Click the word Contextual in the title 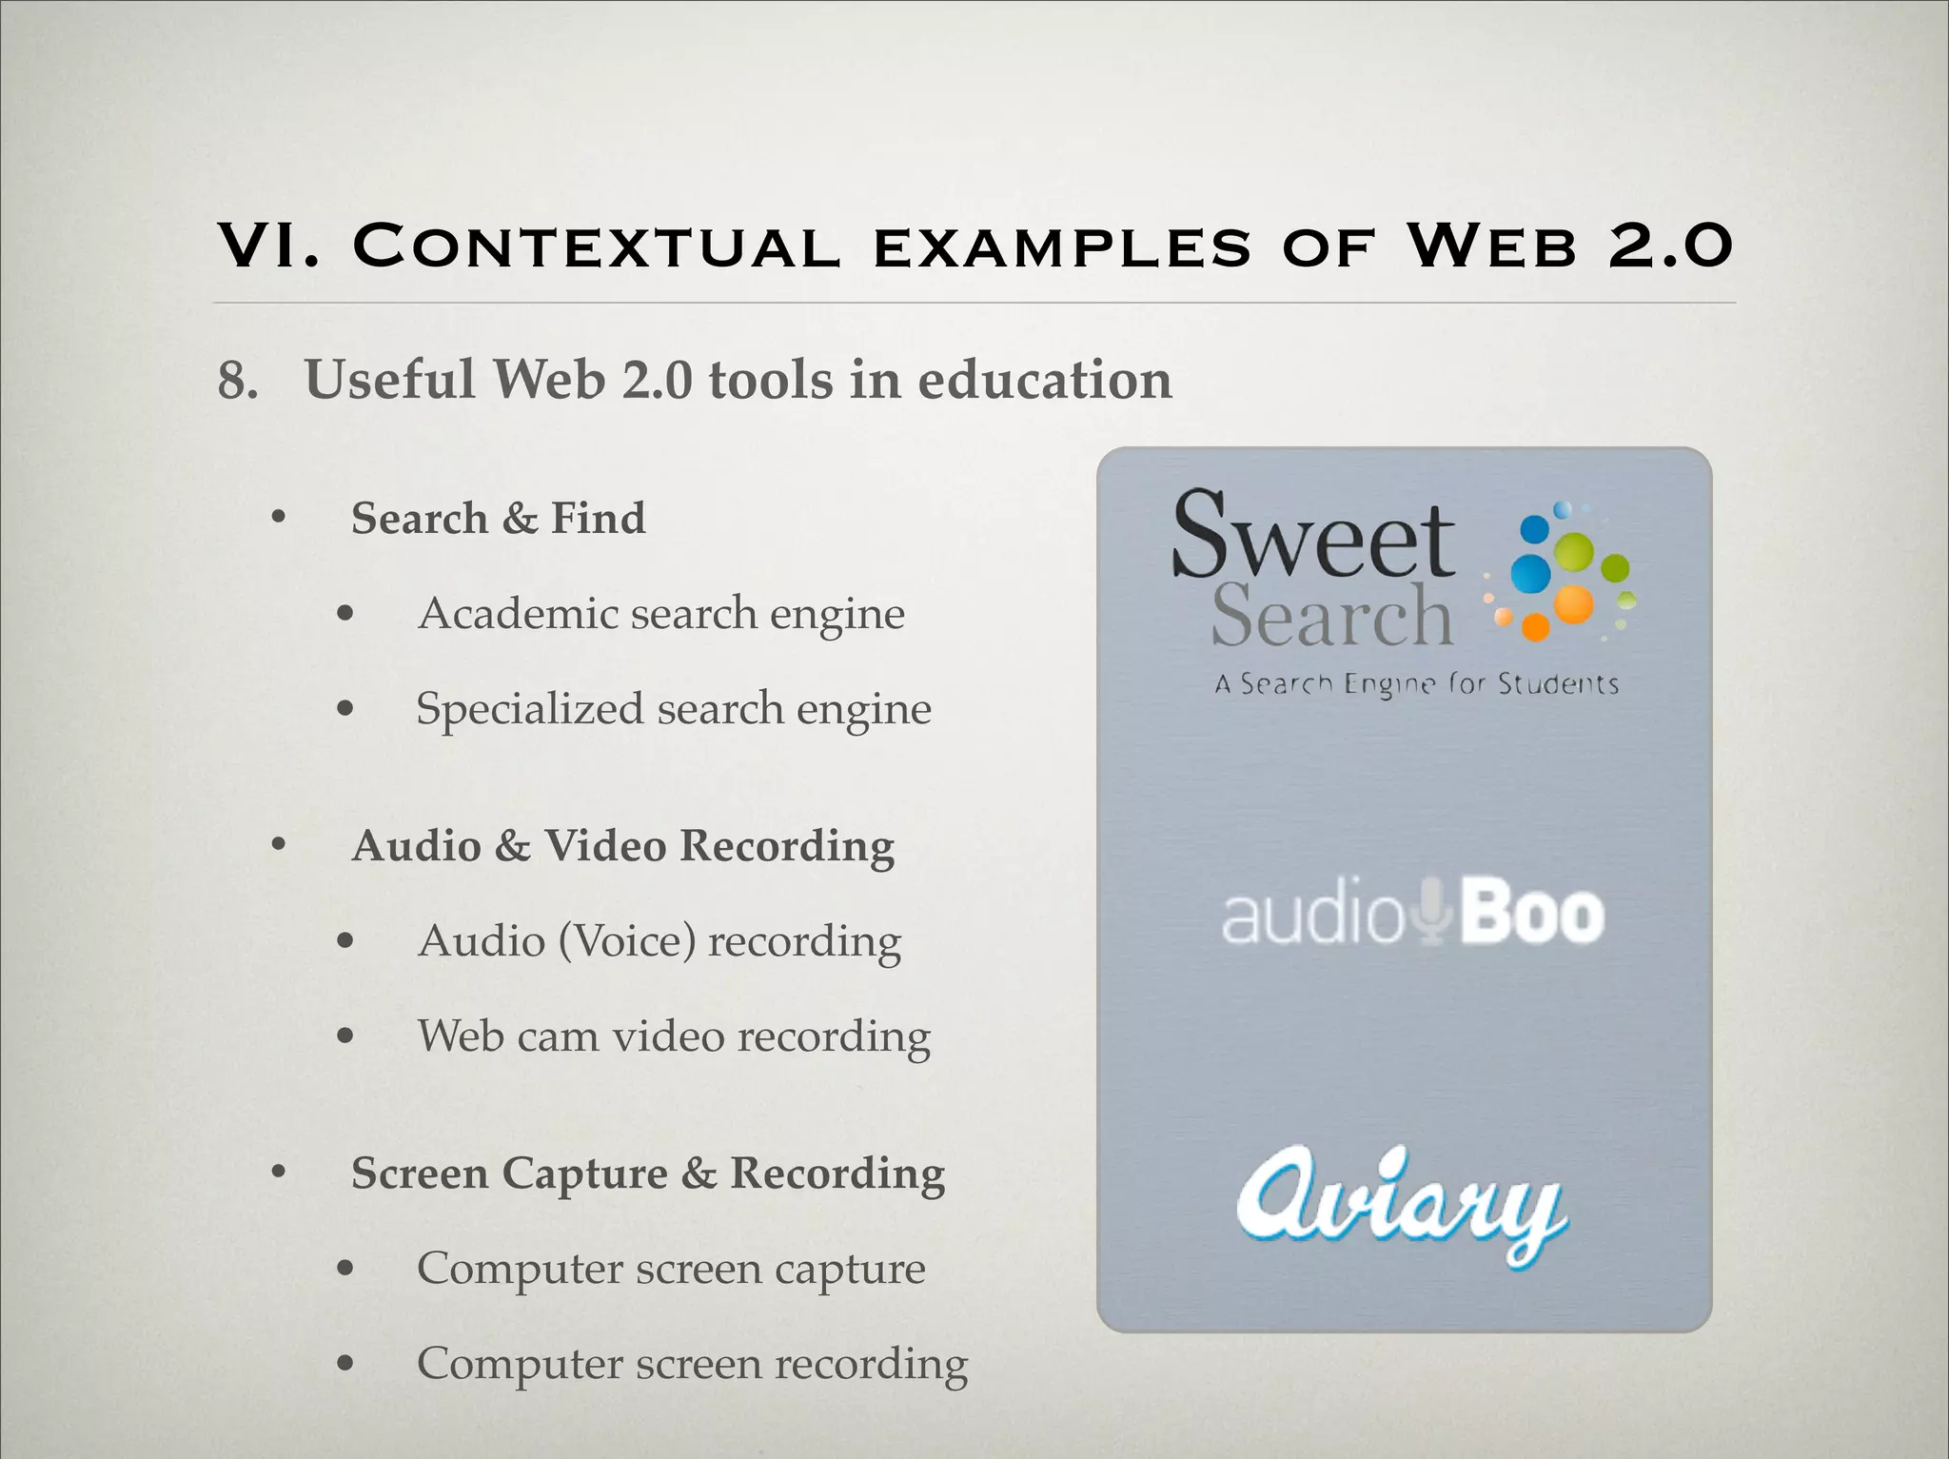click(x=597, y=246)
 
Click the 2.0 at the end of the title click(x=1670, y=246)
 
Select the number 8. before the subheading click(x=238, y=381)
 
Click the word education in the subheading click(x=1044, y=380)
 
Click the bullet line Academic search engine click(x=660, y=614)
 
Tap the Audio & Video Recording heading click(x=622, y=846)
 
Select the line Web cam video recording click(x=673, y=1036)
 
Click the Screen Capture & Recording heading click(x=647, y=1173)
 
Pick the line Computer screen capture click(x=670, y=1269)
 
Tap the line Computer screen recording click(x=692, y=1364)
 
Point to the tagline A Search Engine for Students click(x=1416, y=684)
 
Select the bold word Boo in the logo click(x=1531, y=914)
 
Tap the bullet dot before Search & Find click(x=278, y=519)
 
